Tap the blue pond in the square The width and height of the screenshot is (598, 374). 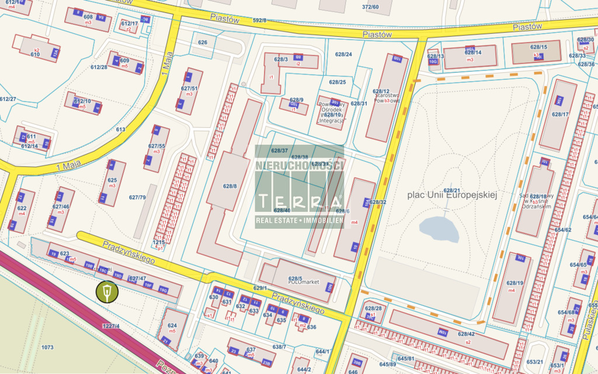439,228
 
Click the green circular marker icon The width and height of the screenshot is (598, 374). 107,291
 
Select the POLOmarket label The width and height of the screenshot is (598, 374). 303,282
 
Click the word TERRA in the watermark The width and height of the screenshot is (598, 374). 300,202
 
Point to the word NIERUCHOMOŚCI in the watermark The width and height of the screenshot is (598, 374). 299,166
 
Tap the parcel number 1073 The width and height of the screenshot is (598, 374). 47,347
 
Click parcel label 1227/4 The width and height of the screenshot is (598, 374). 110,326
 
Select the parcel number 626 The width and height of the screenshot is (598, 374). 203,43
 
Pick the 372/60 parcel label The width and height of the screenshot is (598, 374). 370,7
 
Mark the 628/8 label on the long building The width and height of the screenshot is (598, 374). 230,187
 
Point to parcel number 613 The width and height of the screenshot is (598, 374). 121,130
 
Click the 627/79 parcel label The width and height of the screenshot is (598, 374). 137,197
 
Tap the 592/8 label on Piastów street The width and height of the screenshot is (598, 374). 259,20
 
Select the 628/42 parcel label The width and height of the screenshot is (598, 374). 466,334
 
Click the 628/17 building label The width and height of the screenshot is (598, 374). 559,114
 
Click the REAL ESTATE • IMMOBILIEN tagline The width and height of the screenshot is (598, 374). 299,221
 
